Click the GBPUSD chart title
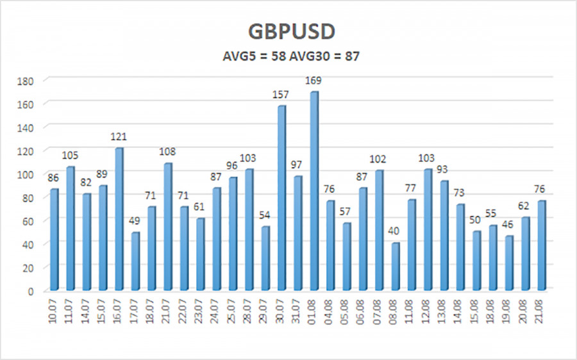(x=288, y=32)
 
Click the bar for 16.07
(x=119, y=218)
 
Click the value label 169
(x=314, y=81)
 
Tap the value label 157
(x=281, y=95)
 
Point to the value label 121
(x=119, y=137)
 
